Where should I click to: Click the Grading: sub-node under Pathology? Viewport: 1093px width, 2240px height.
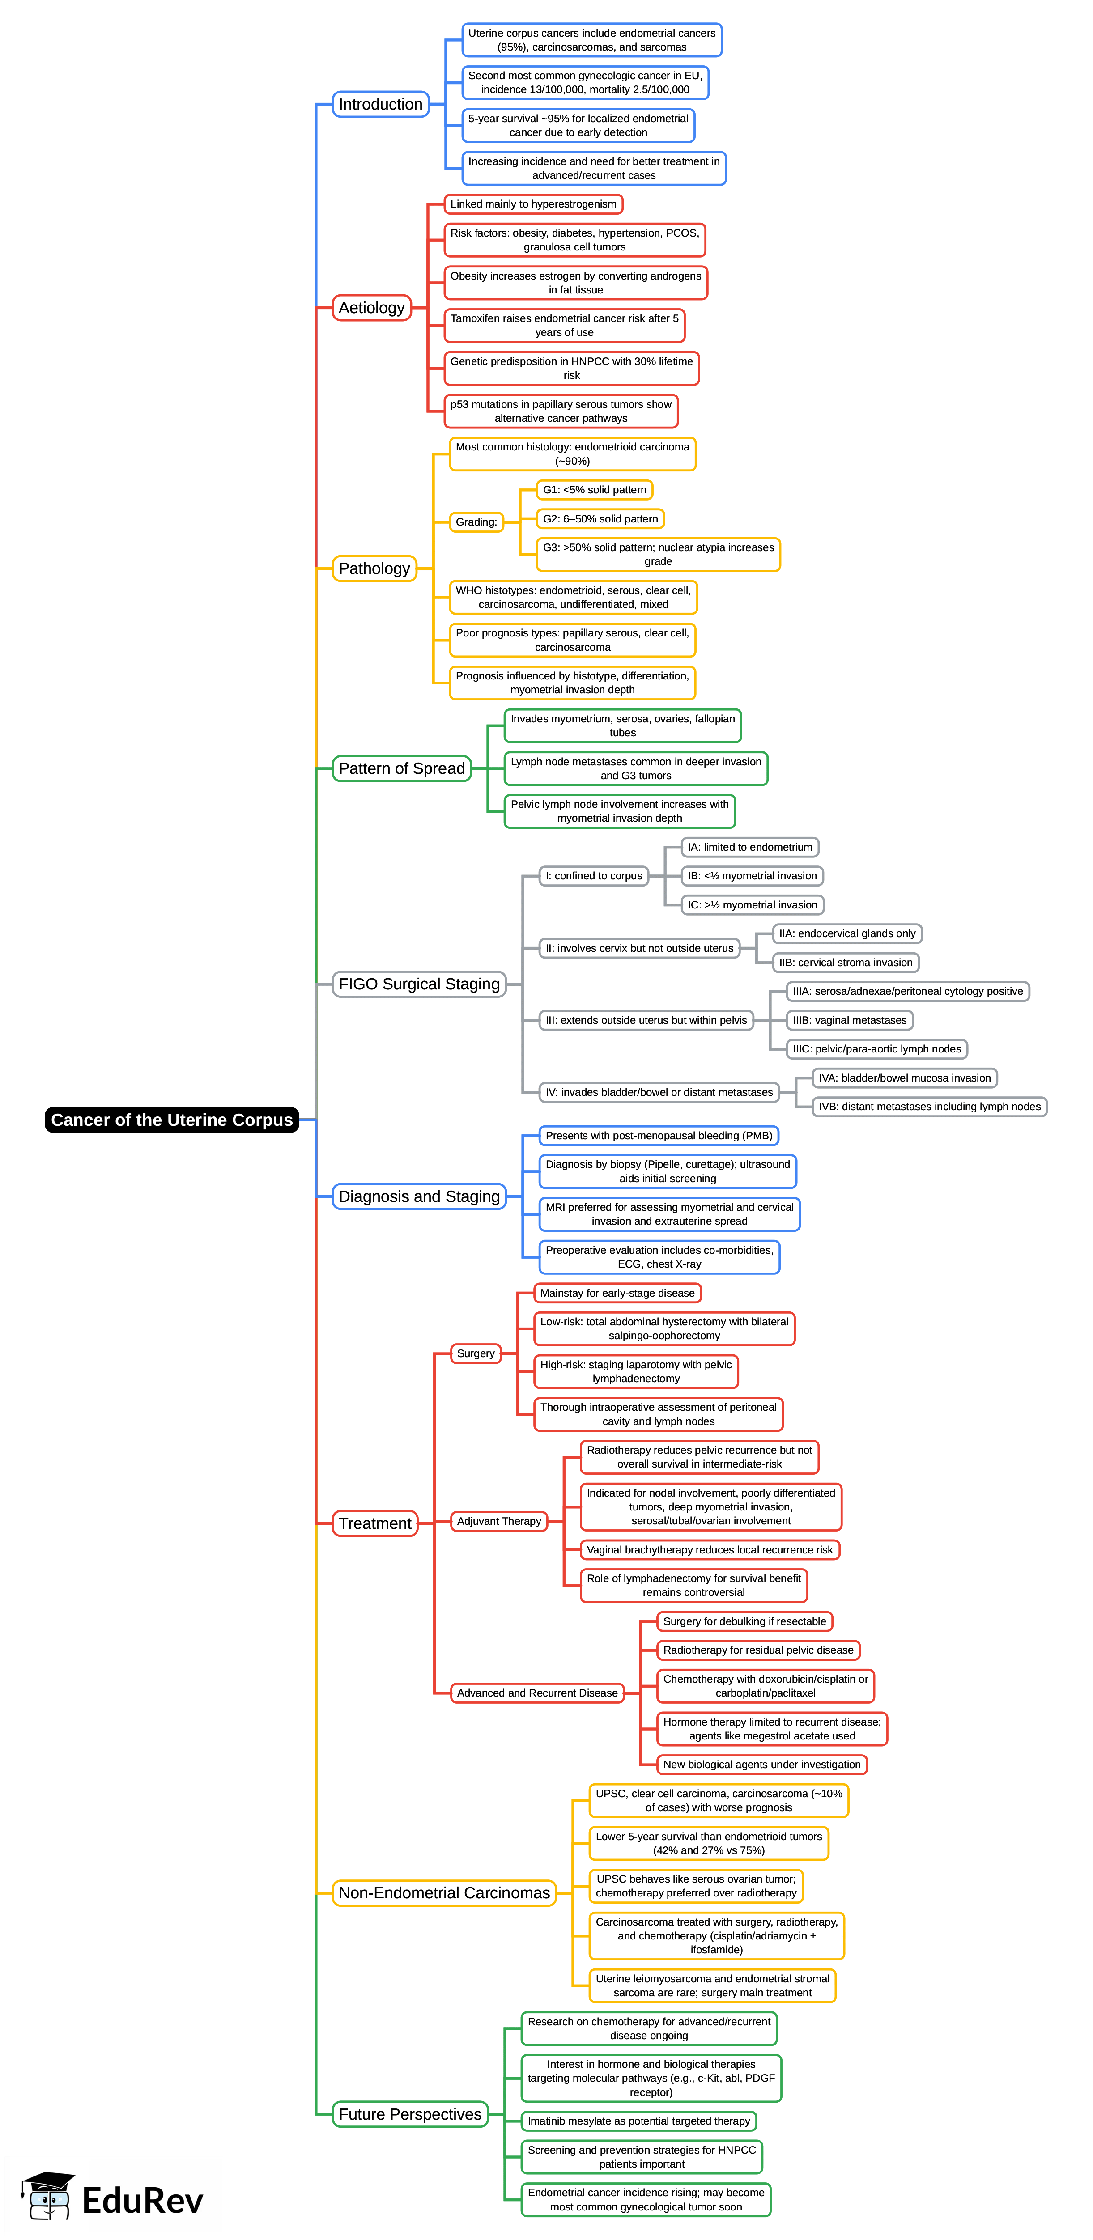[x=476, y=522]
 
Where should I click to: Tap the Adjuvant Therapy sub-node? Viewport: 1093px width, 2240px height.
[x=499, y=1521]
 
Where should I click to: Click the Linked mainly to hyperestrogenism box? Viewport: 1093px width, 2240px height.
[x=533, y=204]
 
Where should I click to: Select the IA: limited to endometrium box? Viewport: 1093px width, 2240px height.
[x=749, y=847]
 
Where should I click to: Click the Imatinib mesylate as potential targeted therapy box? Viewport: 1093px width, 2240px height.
[x=638, y=2121]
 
